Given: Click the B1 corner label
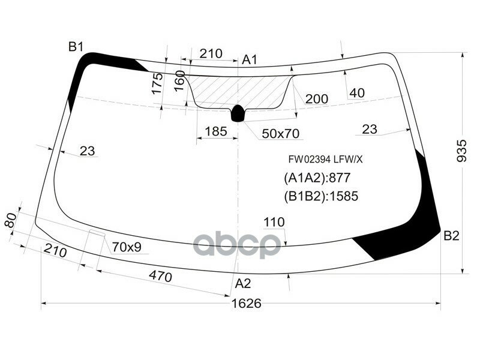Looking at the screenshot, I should tap(76, 47).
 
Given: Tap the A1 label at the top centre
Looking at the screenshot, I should tap(250, 59).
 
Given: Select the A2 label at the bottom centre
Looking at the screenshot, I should tap(243, 283).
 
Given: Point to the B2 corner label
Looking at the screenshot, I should tap(451, 236).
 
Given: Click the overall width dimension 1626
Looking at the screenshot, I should tap(247, 304).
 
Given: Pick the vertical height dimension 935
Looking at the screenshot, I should tap(461, 148).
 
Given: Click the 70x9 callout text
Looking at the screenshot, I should tap(130, 247).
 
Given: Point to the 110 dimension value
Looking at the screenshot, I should tap(274, 223).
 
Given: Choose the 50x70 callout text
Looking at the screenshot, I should tap(280, 133).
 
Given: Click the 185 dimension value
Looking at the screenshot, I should tap(215, 131).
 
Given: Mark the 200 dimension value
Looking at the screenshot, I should tap(316, 99).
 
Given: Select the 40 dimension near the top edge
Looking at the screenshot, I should tap(356, 93).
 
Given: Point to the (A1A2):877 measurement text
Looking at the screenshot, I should tap(316, 178).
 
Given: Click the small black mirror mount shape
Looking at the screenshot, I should tap(238, 112).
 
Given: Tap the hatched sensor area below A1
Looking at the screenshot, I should tap(240, 90).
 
